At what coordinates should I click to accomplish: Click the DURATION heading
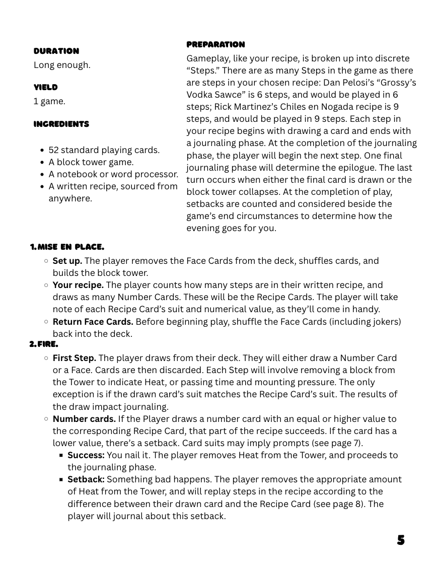pyautogui.click(x=56, y=51)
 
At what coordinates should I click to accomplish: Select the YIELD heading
pyautogui.click(x=46, y=87)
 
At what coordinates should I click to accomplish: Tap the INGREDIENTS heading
pyautogui.click(x=61, y=124)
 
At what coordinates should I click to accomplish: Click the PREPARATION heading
pyautogui.click(x=215, y=44)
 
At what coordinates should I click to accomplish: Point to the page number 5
pyautogui.click(x=401, y=540)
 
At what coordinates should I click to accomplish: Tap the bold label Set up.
pyautogui.click(x=67, y=261)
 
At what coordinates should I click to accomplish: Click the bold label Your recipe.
pyautogui.click(x=78, y=285)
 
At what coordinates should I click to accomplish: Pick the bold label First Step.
pyautogui.click(x=75, y=358)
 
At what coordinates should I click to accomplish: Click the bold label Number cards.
pyautogui.click(x=84, y=419)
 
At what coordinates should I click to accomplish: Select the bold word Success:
pyautogui.click(x=86, y=455)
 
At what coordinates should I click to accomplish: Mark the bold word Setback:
pyautogui.click(x=86, y=479)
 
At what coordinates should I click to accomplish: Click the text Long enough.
pyautogui.click(x=62, y=65)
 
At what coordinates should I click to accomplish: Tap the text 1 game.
pyautogui.click(x=49, y=101)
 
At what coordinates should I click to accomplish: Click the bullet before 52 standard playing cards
pyautogui.click(x=42, y=150)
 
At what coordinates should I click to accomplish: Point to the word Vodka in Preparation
pyautogui.click(x=200, y=95)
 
